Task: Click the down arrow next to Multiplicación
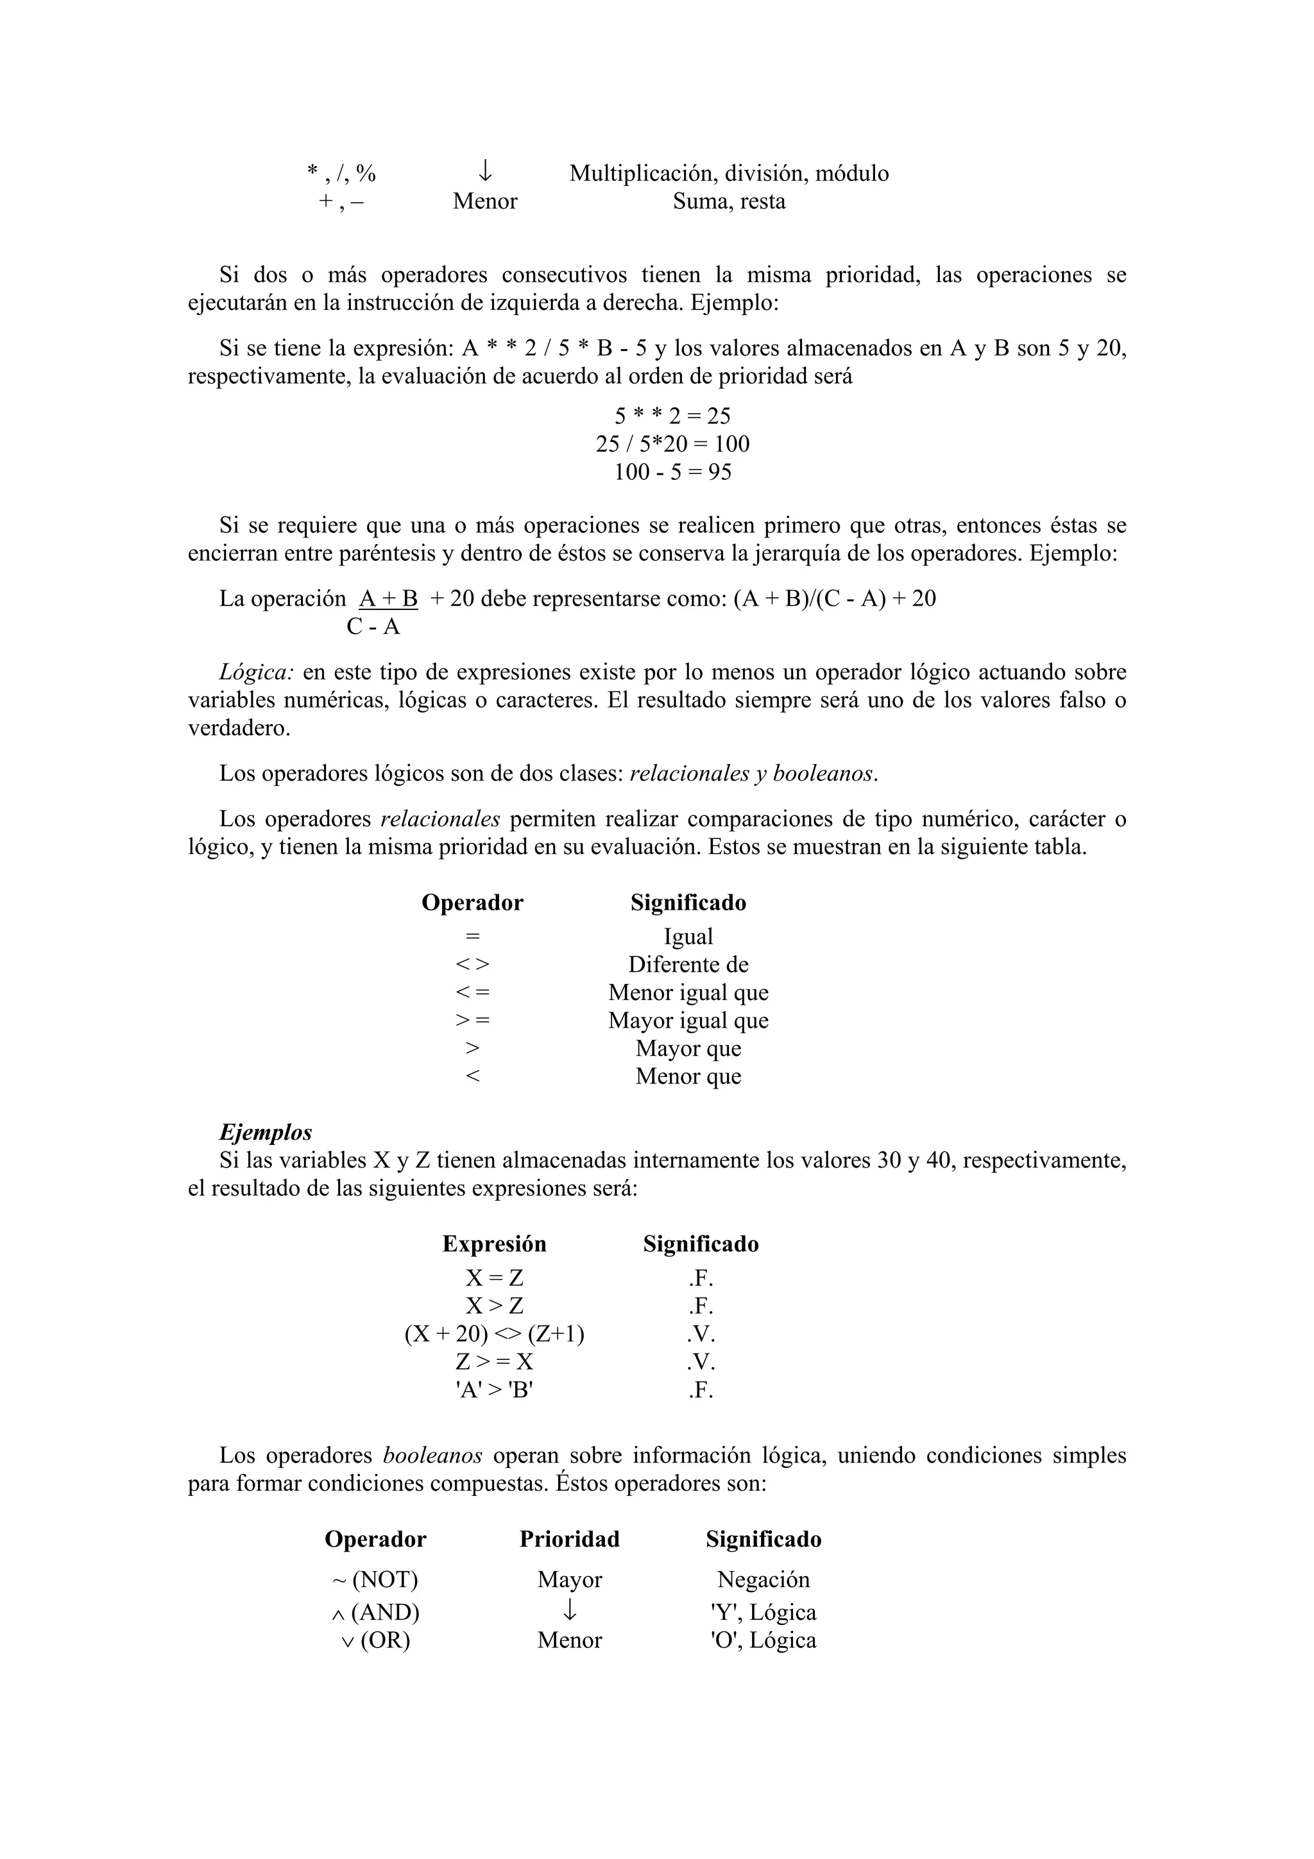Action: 484,171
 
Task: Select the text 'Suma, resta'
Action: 729,201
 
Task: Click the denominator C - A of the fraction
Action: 373,627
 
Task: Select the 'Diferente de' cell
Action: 688,964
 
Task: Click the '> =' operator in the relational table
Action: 472,1020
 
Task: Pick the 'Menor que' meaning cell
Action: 688,1076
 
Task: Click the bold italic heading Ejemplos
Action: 266,1132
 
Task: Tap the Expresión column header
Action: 494,1244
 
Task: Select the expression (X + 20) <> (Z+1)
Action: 494,1334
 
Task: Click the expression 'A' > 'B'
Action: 494,1390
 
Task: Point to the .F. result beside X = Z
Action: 701,1278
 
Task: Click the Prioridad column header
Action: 569,1539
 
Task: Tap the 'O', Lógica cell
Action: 763,1640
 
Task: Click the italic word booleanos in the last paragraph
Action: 432,1455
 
